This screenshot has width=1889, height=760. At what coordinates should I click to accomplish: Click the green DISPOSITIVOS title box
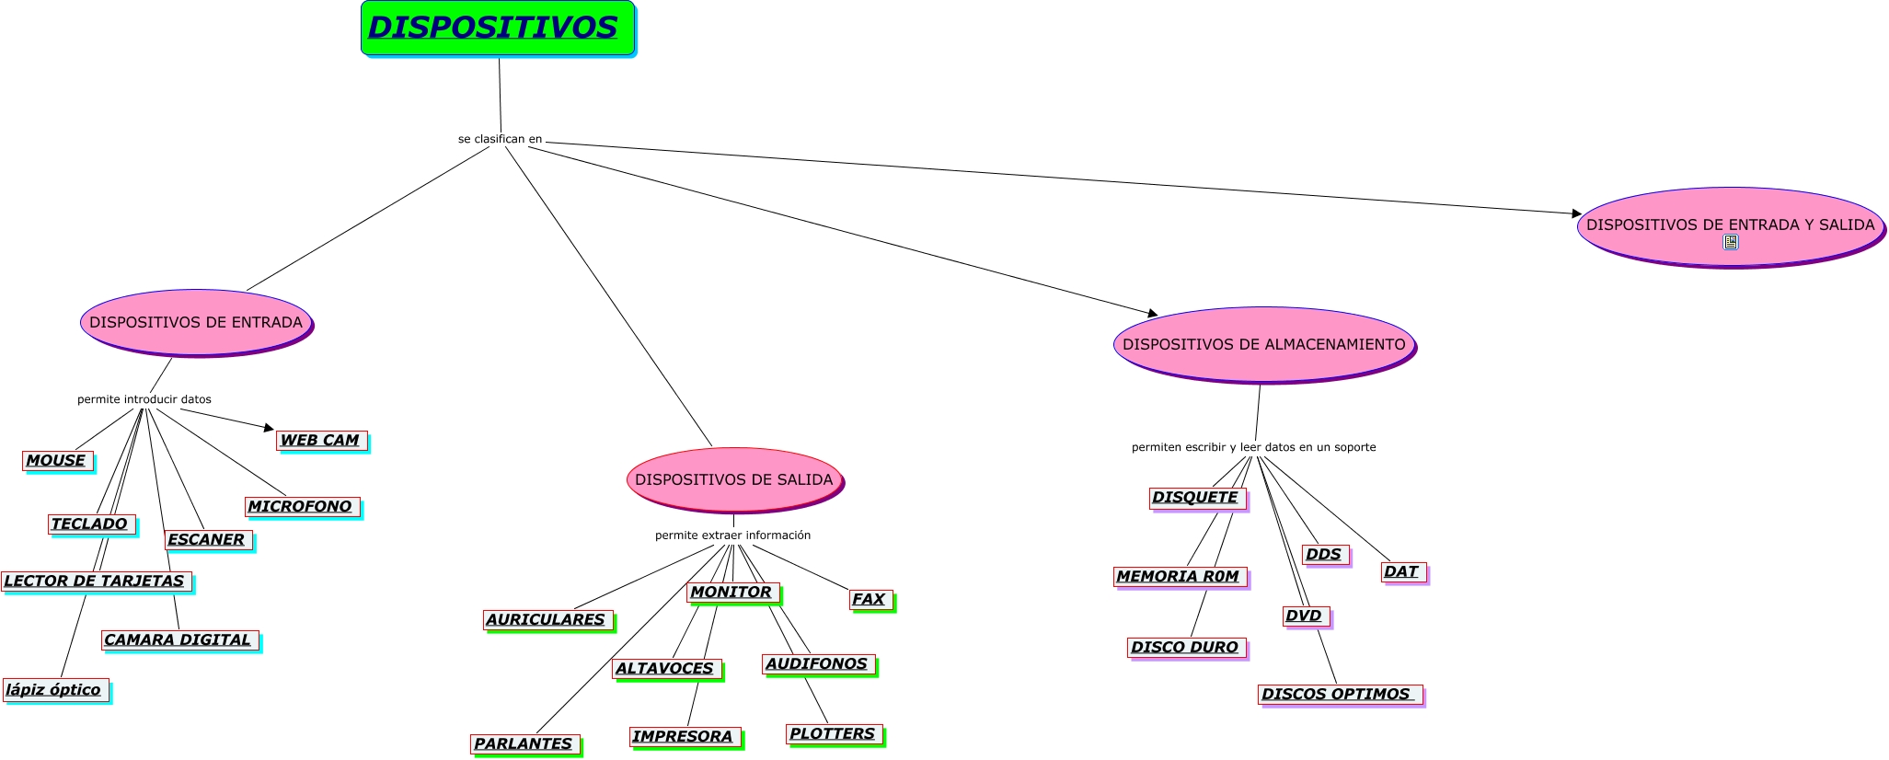(x=497, y=28)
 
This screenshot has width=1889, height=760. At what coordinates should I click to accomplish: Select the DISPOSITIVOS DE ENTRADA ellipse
(x=196, y=322)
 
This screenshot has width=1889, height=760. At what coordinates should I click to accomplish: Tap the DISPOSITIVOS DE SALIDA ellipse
(x=733, y=479)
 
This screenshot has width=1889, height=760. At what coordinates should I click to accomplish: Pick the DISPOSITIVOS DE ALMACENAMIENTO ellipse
(x=1263, y=344)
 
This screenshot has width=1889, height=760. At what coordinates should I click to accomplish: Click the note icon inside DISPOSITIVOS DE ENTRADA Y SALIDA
(x=1730, y=242)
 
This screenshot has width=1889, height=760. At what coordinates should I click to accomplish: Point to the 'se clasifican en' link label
(x=500, y=139)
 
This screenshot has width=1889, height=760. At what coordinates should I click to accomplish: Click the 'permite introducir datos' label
(x=144, y=399)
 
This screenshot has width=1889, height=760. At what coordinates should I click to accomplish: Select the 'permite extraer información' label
(x=732, y=535)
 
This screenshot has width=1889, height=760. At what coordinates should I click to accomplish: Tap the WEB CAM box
(x=321, y=441)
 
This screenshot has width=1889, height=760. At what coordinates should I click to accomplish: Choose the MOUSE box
(x=57, y=460)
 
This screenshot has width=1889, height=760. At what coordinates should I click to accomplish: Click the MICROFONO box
(x=301, y=506)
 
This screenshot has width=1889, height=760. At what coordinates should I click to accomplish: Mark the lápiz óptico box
(x=55, y=689)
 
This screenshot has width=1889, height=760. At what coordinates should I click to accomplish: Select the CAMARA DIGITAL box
(x=179, y=639)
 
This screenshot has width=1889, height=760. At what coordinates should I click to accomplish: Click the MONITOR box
(x=732, y=592)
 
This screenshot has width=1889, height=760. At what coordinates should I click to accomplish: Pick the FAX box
(x=870, y=599)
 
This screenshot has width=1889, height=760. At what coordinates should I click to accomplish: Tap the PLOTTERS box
(x=834, y=733)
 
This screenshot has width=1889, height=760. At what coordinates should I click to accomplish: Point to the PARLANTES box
(x=524, y=743)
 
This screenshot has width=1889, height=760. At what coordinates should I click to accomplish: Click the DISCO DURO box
(x=1186, y=647)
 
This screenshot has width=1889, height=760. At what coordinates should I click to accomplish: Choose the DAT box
(x=1402, y=571)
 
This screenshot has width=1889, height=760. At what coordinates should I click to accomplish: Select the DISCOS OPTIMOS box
(x=1339, y=694)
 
